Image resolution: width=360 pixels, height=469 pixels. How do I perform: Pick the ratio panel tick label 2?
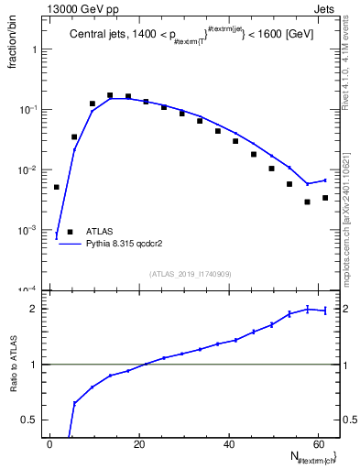coord(38,309)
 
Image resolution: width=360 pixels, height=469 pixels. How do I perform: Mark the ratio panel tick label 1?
coord(38,365)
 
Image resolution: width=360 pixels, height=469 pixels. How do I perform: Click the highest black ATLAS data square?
coord(110,95)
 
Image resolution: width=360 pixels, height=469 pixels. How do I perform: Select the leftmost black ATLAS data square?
coord(56,187)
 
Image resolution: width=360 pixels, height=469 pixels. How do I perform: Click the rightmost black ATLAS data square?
coord(325,198)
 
